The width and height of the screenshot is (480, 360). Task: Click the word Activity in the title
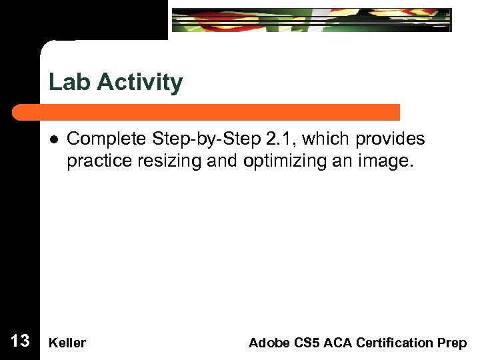coord(140,83)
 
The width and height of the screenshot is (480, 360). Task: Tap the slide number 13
coord(20,341)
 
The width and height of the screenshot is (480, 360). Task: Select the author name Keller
coord(67,343)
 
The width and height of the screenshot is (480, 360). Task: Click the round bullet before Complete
coord(53,139)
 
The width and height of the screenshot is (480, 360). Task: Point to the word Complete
coord(107,139)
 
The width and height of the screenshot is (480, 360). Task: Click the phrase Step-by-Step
coord(203,139)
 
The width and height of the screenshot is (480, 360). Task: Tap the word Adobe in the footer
coord(267,343)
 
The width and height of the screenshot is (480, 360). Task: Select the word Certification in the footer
coord(393,343)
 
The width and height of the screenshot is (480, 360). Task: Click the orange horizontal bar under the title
coord(220,112)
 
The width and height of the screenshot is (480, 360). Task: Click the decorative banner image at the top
coord(311,20)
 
